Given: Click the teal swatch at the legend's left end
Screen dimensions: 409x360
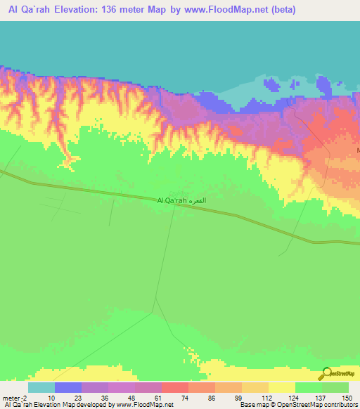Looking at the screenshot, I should [41, 388].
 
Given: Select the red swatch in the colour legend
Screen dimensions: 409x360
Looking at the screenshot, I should [174, 388].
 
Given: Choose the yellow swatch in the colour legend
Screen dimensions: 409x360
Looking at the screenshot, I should [281, 388].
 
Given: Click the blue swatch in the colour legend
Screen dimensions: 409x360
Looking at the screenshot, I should [67, 388].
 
